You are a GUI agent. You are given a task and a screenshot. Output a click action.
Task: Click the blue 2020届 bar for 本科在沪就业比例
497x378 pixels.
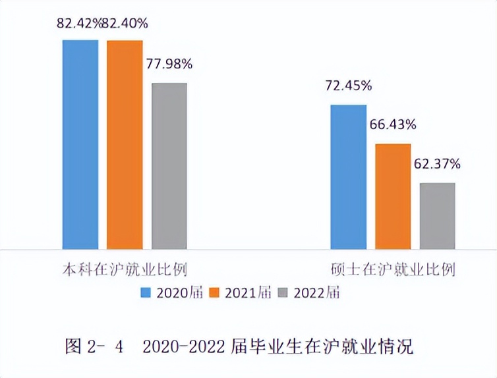pos(80,145)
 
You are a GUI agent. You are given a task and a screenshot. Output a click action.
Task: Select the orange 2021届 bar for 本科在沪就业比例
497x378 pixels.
pos(125,145)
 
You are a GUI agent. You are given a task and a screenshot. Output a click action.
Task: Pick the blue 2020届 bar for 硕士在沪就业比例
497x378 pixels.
pos(348,177)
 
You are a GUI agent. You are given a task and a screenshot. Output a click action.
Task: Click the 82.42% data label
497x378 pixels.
pos(80,24)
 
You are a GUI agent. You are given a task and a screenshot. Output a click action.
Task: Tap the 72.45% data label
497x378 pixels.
pos(348,86)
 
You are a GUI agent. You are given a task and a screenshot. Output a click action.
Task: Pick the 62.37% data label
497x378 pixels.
pos(437,163)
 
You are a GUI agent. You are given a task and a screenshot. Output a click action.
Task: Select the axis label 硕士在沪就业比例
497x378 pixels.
pos(393,270)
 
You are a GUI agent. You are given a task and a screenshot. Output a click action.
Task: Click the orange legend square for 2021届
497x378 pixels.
pos(214,292)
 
